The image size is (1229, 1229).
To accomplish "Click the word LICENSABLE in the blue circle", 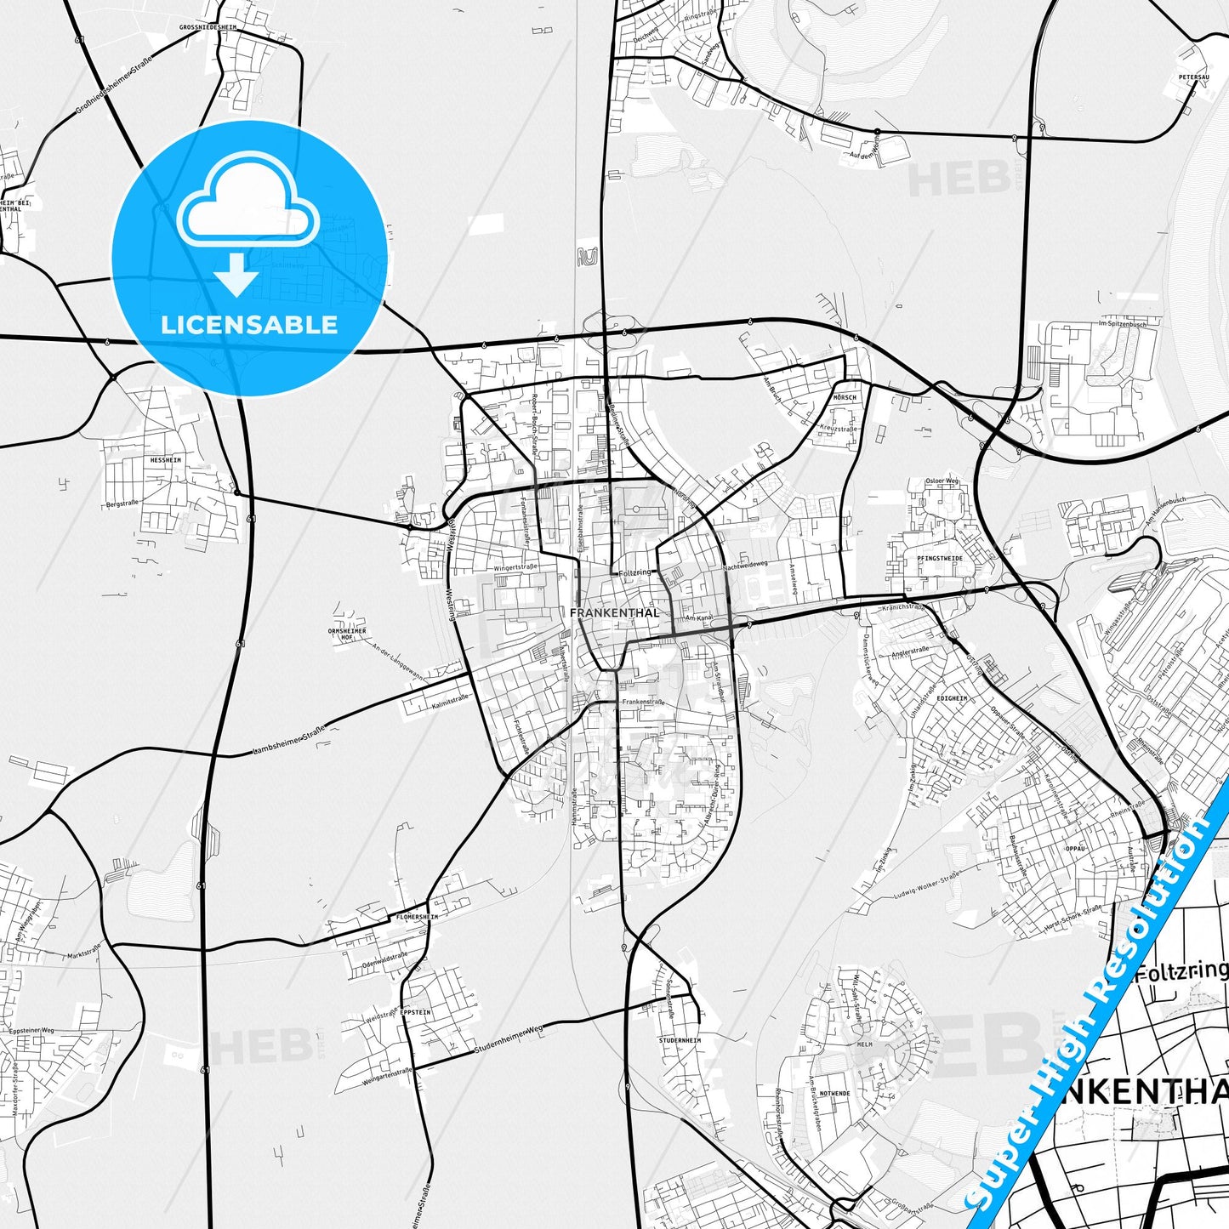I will point(249,325).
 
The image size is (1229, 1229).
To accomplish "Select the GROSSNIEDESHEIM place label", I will point(208,27).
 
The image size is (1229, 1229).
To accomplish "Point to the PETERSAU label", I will point(1193,77).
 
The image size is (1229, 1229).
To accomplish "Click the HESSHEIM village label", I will point(165,459).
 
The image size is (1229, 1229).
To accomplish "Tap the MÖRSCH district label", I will point(845,398).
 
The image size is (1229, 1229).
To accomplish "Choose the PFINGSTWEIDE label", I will point(940,558).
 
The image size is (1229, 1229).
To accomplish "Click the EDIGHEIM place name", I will point(952,698).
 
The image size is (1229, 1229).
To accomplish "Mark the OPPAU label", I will point(1076,848).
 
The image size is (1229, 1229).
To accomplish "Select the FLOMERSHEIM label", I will point(417,918).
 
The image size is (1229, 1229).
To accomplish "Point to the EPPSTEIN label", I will point(415,1013).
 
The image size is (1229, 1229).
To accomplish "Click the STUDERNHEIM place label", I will point(680,1040).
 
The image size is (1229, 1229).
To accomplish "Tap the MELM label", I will point(864,1044).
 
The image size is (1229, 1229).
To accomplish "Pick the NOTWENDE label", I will point(834,1094).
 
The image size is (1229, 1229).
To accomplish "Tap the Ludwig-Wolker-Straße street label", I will point(926,885).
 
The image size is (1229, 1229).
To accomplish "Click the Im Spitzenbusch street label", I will point(1122,324).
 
